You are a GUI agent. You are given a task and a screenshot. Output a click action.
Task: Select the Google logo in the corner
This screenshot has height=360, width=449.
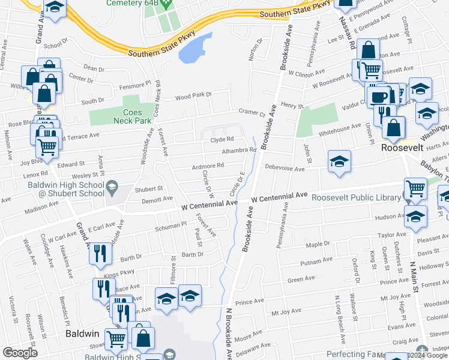pos(19,353)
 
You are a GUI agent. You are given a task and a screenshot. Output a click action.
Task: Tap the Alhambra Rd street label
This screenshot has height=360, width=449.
pos(239,150)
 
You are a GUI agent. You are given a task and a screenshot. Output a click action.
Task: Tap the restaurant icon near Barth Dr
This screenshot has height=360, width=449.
pos(100,253)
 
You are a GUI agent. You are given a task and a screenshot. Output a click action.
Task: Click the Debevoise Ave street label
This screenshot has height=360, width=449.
pos(286,169)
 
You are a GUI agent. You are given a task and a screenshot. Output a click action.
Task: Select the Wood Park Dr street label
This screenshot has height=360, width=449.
pos(194,95)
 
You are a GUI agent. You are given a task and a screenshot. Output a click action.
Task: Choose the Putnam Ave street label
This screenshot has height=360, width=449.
pos(316,260)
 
